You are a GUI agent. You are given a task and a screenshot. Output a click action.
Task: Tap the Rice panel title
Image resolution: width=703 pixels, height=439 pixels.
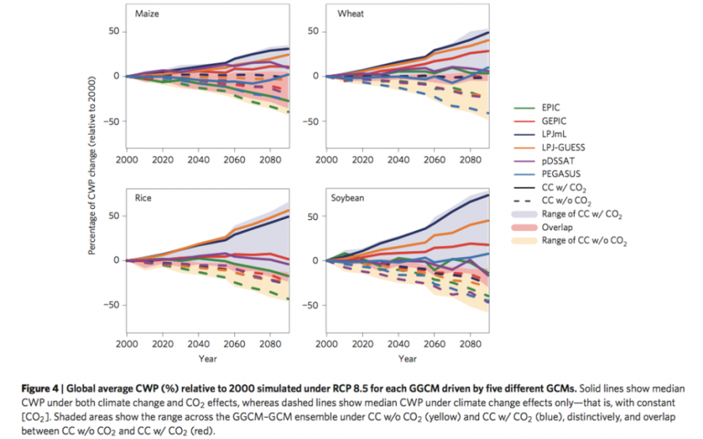(x=142, y=199)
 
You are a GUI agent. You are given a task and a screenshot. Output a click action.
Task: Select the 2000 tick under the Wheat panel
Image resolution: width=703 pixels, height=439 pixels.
(x=327, y=160)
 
